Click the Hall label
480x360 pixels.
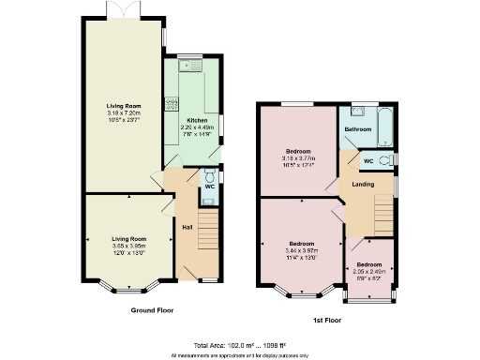187,226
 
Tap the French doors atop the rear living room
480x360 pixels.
119,12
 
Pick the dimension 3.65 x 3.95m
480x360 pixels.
130,246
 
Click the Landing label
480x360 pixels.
363,184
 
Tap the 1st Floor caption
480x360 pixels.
326,321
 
